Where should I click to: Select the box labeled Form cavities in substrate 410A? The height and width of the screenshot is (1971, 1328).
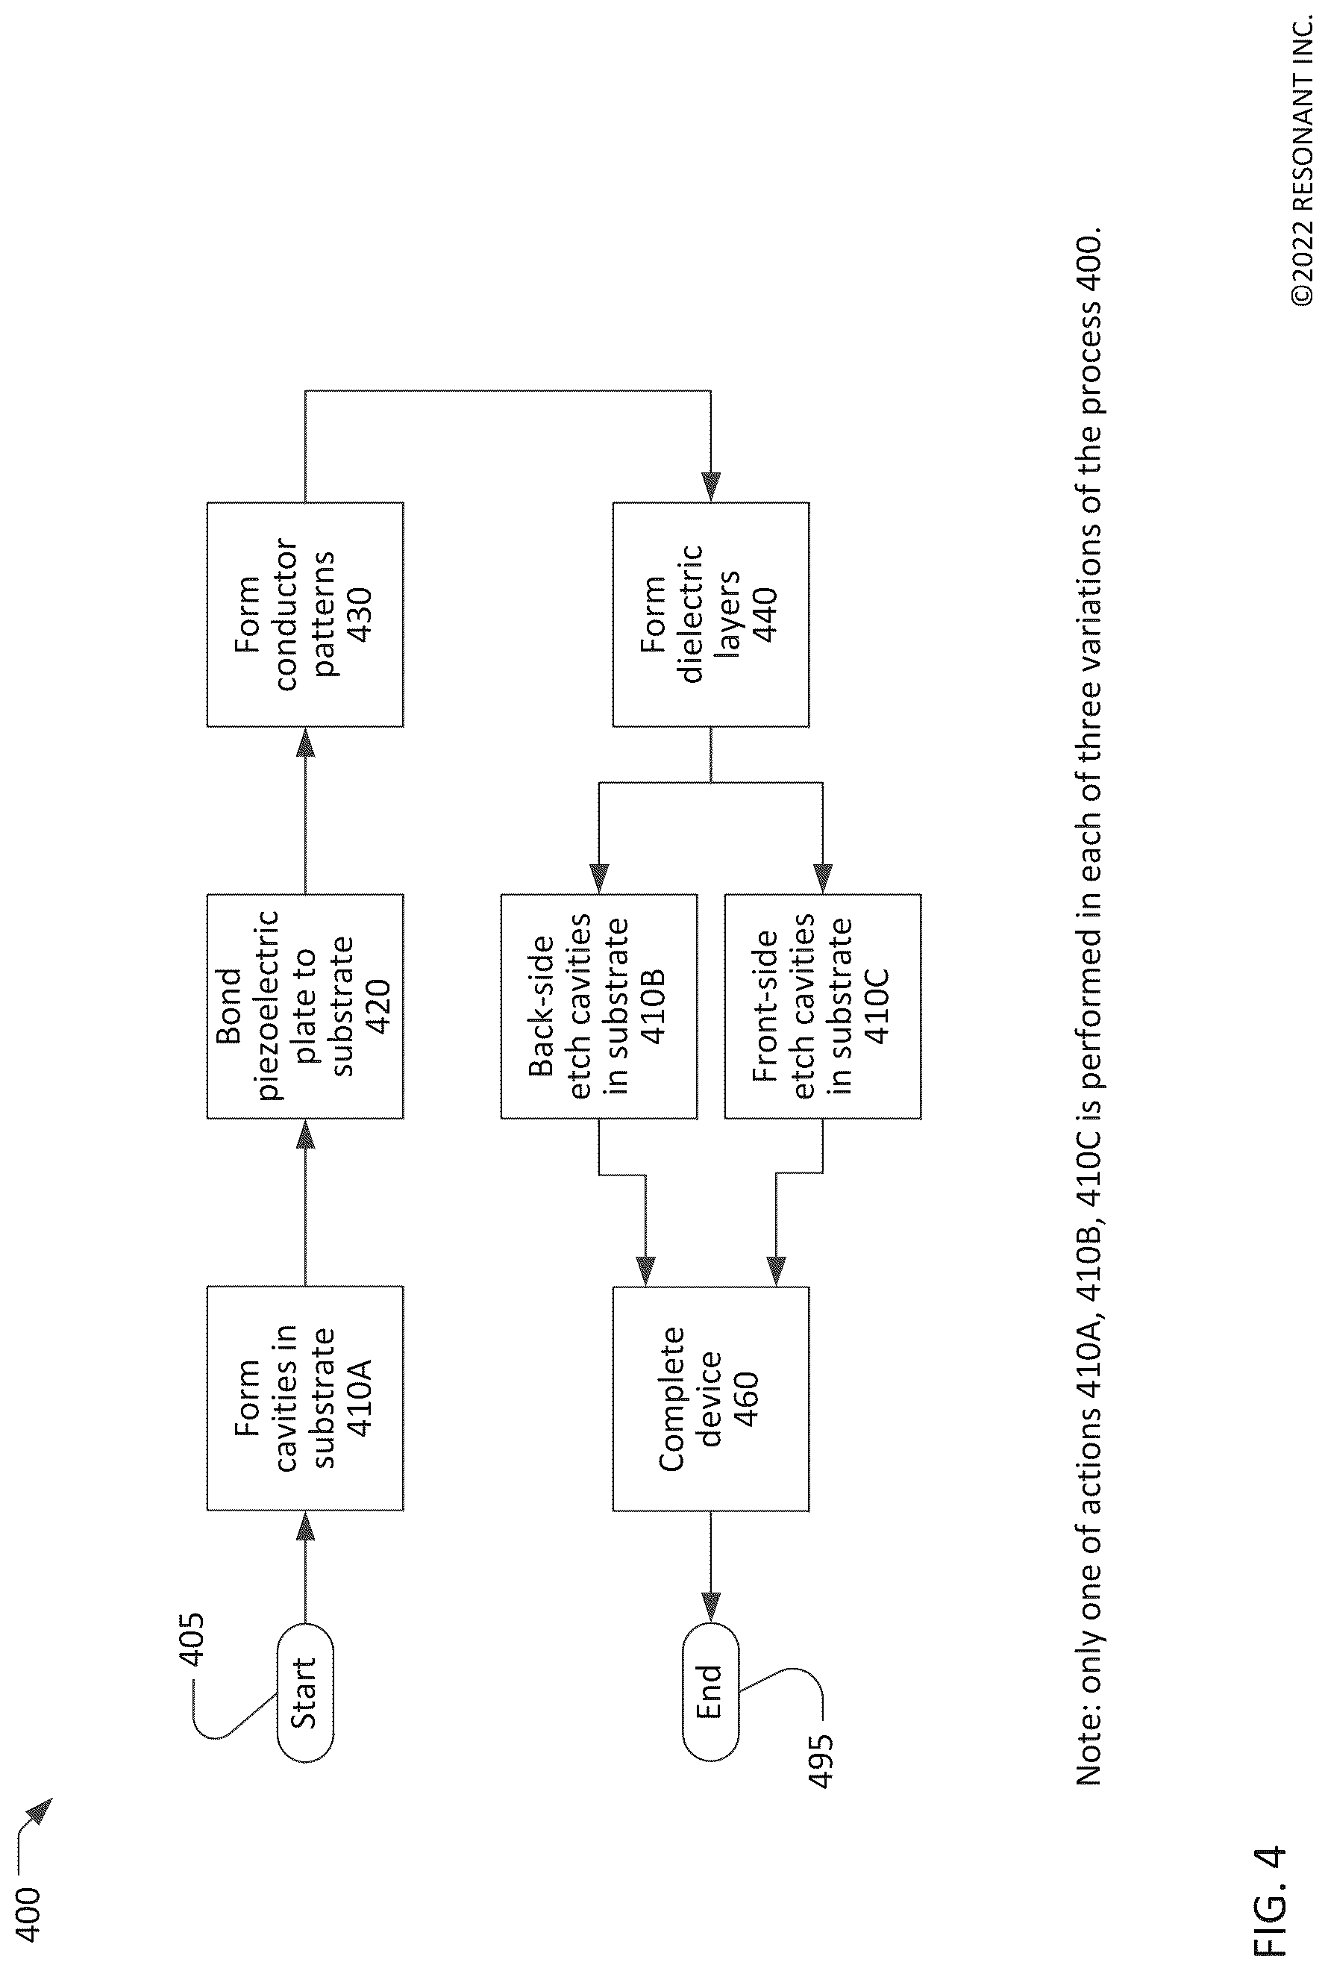point(305,1399)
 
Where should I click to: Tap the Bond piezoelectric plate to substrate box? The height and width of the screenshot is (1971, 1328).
point(305,1006)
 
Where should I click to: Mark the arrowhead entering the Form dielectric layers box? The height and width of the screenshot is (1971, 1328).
point(710,487)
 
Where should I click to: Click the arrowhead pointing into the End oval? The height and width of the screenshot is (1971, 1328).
point(710,1608)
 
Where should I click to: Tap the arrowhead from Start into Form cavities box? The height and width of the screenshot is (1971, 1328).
point(305,1526)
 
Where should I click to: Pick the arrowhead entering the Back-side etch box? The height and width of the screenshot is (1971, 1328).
point(599,878)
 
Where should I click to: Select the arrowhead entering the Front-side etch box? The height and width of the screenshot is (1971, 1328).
point(822,878)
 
